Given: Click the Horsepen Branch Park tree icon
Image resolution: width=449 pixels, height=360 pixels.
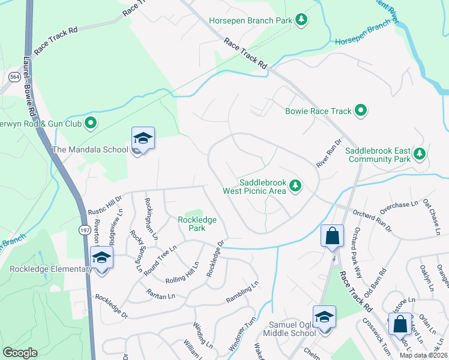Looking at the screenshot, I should pyautogui.click(x=301, y=21).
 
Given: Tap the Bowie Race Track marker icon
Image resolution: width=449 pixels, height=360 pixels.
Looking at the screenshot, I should pyautogui.click(x=361, y=110).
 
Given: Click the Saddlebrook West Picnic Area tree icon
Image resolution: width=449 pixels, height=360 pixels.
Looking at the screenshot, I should pyautogui.click(x=295, y=186).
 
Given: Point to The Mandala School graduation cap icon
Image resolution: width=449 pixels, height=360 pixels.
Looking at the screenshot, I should pyautogui.click(x=143, y=139).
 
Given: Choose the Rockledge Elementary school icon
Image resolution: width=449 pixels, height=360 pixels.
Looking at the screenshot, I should pyautogui.click(x=102, y=259).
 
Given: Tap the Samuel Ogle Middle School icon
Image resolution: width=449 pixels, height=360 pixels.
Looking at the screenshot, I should pyautogui.click(x=324, y=317).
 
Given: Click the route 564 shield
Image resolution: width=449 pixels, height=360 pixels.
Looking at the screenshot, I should pyautogui.click(x=14, y=77).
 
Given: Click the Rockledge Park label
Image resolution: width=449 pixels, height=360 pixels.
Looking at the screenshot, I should pyautogui.click(x=197, y=224).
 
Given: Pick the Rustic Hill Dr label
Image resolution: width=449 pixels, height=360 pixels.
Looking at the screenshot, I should pyautogui.click(x=105, y=203).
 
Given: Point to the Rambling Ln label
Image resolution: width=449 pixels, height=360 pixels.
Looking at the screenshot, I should pyautogui.click(x=242, y=289).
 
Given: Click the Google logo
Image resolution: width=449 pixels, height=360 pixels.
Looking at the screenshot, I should pyautogui.click(x=20, y=353).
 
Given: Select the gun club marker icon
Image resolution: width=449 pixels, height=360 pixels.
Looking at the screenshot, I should pyautogui.click(x=91, y=124).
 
